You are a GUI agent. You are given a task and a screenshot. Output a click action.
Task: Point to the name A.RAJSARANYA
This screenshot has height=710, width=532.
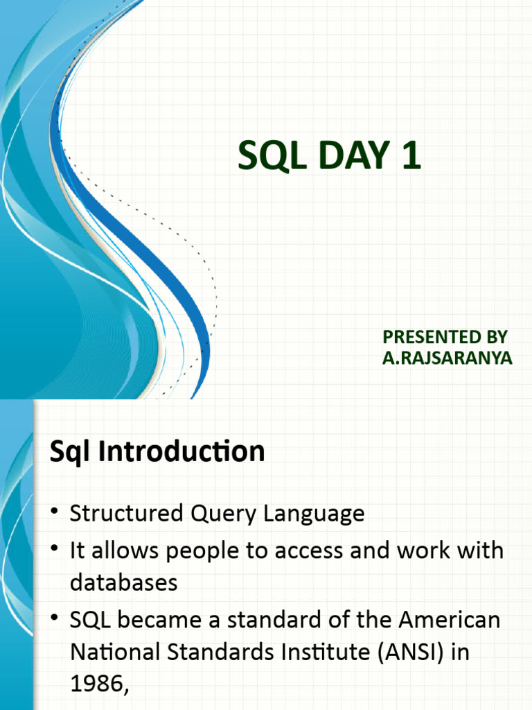tap(447, 359)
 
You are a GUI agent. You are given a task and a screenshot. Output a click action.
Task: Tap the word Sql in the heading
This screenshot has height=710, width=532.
tap(72, 451)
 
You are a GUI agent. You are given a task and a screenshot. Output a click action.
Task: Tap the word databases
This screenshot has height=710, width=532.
tap(124, 583)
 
